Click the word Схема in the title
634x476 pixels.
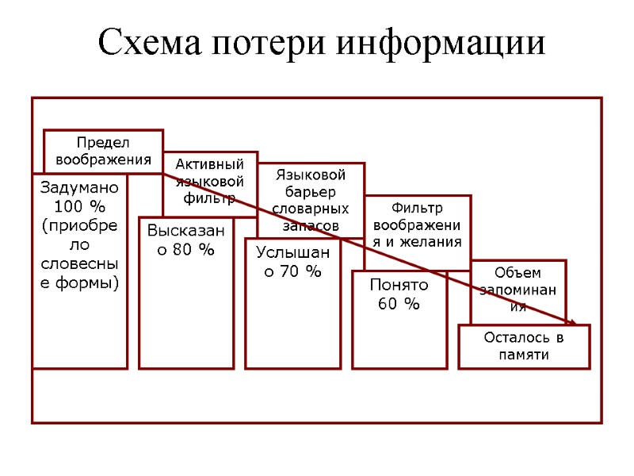click(148, 43)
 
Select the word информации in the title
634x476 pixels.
click(442, 43)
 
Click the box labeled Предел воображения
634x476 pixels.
click(103, 151)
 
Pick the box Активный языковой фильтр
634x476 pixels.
click(209, 182)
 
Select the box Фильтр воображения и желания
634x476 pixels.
click(417, 226)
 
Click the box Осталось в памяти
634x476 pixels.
click(524, 347)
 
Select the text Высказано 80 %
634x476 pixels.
click(185, 240)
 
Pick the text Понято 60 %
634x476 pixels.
click(399, 294)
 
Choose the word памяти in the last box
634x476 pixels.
click(524, 355)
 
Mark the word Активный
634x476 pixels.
click(209, 164)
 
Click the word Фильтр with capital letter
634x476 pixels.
click(417, 209)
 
